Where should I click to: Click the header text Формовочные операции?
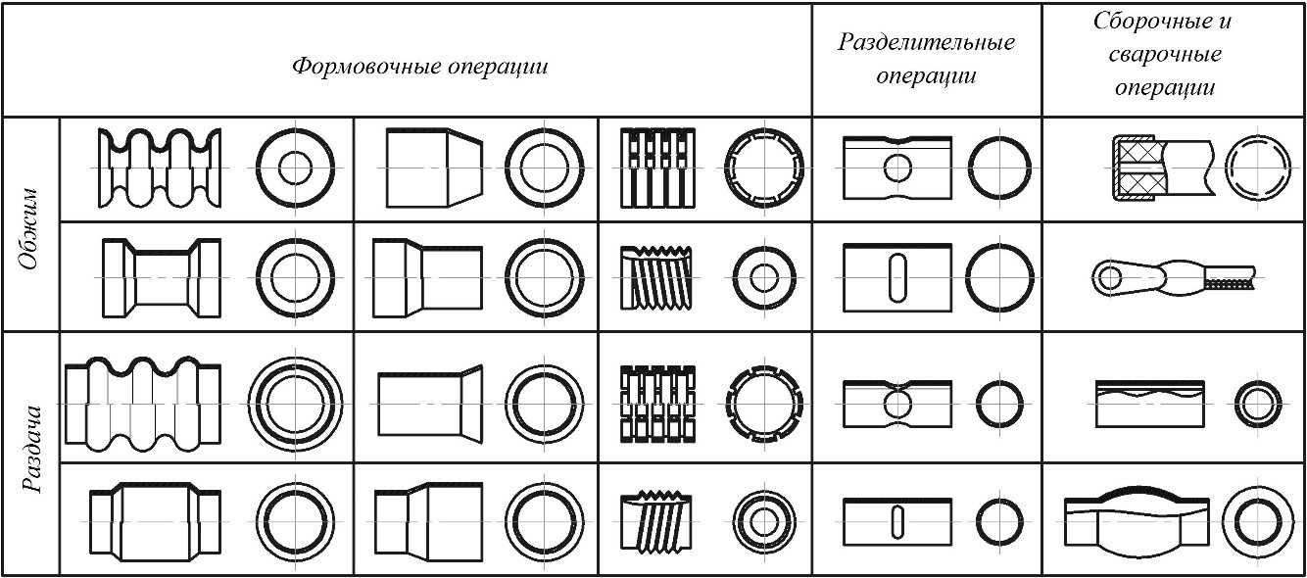click(419, 68)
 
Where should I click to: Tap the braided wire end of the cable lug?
click(1229, 283)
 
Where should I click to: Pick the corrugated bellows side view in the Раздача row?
click(143, 405)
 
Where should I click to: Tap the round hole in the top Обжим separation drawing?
click(896, 168)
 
